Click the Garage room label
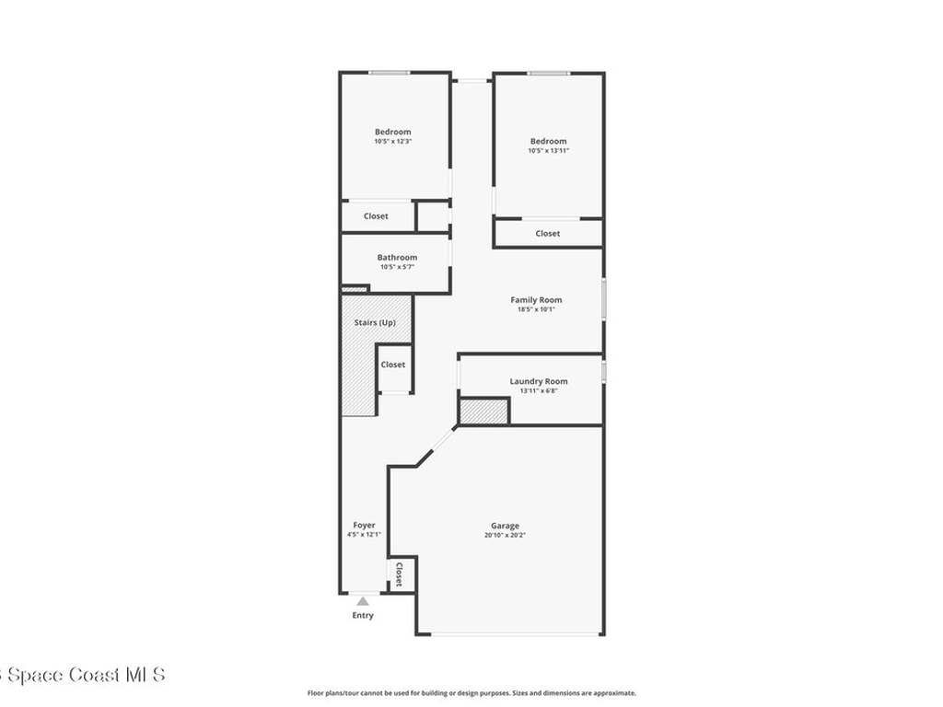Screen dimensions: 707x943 [x=504, y=526]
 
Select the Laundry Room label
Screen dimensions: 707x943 [x=539, y=381]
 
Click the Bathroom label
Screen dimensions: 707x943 [x=397, y=258]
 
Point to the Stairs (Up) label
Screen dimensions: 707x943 [x=375, y=323]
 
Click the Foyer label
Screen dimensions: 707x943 [x=364, y=525]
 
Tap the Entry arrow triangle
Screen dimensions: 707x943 [x=363, y=601]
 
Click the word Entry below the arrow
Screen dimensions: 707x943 [x=363, y=615]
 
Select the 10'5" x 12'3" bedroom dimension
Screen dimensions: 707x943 [x=392, y=142]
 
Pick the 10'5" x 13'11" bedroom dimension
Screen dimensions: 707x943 [x=548, y=151]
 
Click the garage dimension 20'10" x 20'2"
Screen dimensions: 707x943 [x=504, y=536]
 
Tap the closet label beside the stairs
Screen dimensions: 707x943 [x=393, y=365]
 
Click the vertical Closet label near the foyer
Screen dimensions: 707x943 [x=400, y=575]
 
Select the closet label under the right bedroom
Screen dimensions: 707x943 [x=548, y=234]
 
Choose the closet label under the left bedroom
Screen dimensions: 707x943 [x=376, y=216]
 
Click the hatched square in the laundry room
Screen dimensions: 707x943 [x=483, y=411]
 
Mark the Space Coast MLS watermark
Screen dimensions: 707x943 [x=83, y=675]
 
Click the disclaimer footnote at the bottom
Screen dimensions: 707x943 [x=471, y=693]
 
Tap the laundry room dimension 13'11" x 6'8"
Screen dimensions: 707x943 [x=539, y=391]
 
